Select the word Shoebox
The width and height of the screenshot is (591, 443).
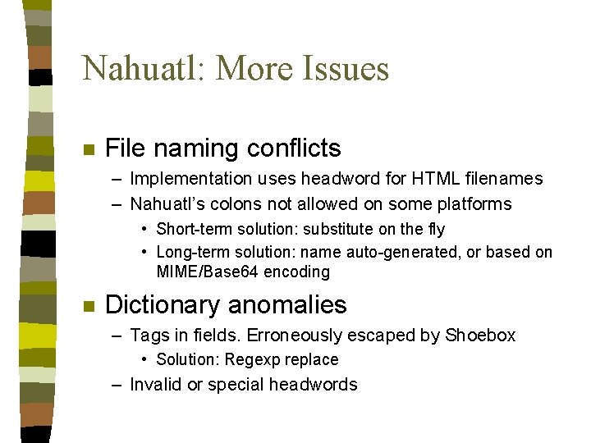[x=480, y=335]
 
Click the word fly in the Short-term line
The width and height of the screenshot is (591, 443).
[x=433, y=229]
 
